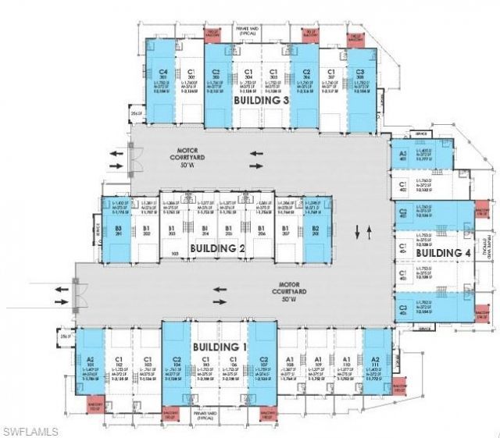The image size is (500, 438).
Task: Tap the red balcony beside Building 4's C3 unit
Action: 481,312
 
